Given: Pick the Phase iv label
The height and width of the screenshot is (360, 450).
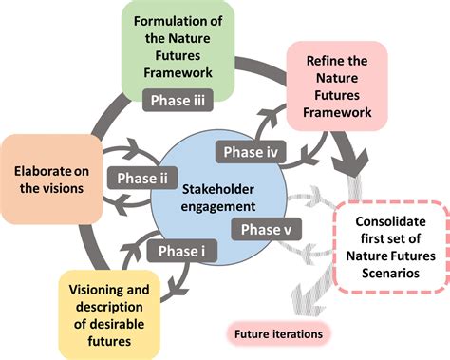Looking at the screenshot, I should pos(248,151).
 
